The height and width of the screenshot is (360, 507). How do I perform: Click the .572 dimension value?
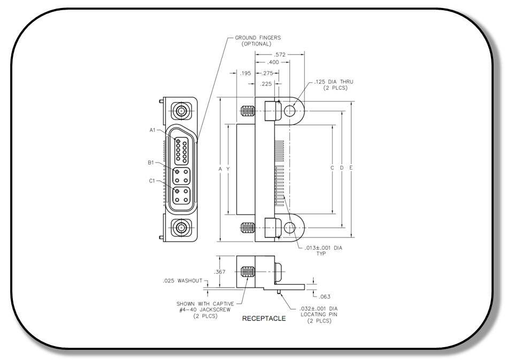[x=279, y=55]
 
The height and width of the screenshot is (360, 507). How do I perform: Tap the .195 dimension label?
[x=246, y=73]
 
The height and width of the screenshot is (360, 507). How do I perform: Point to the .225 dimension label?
[x=266, y=84]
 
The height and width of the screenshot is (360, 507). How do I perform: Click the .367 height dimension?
[x=220, y=272]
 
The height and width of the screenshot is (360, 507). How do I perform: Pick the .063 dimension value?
[x=324, y=296]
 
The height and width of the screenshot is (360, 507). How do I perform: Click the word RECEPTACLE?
[x=264, y=319]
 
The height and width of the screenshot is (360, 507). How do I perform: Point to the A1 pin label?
[x=153, y=130]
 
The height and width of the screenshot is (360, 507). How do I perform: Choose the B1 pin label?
[x=151, y=162]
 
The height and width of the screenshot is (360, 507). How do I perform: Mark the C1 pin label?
[x=152, y=181]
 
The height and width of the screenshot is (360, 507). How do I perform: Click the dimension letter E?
[x=351, y=168]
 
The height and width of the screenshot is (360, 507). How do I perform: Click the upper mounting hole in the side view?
[x=290, y=111]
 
